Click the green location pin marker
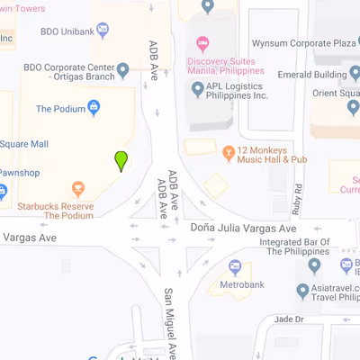point(121,161)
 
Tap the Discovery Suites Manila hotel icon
point(202,43)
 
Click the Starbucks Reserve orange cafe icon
point(78,189)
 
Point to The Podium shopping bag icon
point(94,108)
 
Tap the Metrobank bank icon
point(235,266)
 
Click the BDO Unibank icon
point(103,30)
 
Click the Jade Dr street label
point(288,319)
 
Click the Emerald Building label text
point(311,75)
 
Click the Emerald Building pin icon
point(355,75)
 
